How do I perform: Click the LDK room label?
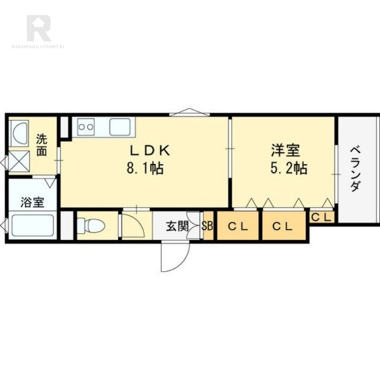150,151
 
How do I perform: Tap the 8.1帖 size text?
145,169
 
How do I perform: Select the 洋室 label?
286,150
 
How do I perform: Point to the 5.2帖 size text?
289,169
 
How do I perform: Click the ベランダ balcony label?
355,169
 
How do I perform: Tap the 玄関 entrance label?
177,227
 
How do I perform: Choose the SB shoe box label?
208,226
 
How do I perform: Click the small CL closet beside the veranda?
322,217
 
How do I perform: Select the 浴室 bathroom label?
32,202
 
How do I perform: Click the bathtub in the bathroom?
33,225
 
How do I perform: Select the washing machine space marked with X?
19,161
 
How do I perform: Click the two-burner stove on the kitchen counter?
86,127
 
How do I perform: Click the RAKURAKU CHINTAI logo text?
38,47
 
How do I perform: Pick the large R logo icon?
38,28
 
